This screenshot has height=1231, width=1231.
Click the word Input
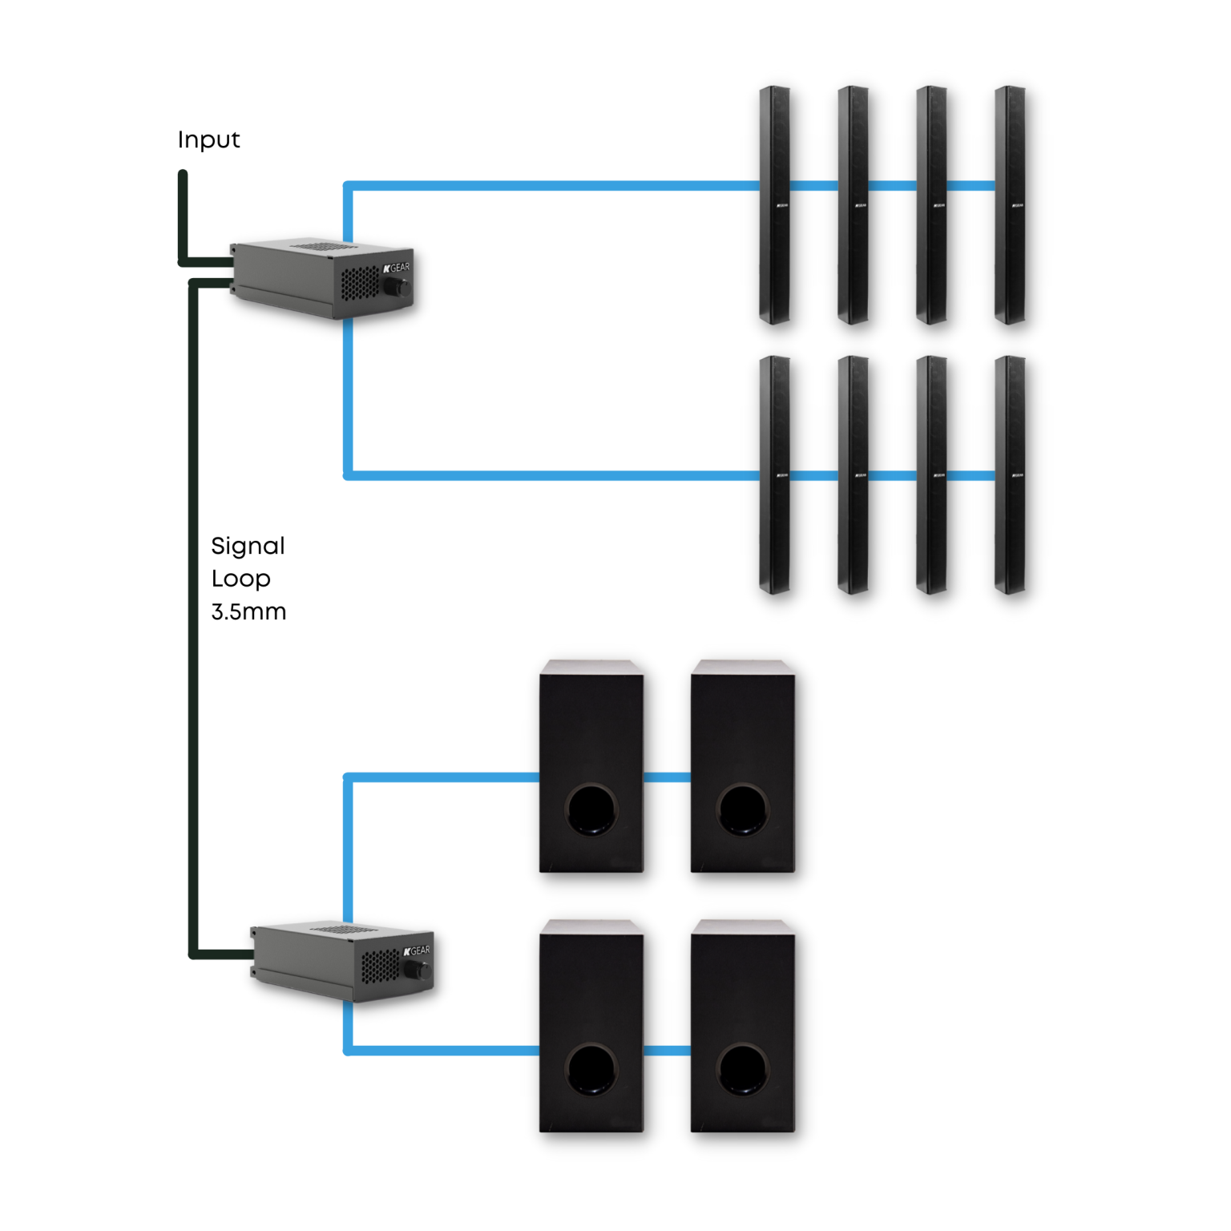click(208, 140)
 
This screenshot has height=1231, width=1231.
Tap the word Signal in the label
click(248, 547)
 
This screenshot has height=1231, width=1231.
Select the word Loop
click(240, 579)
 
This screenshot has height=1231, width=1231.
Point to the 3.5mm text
click(248, 612)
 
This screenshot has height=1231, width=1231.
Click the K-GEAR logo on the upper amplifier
click(396, 268)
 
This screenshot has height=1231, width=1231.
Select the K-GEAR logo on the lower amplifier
click(417, 950)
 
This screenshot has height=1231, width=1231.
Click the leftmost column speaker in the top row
click(774, 204)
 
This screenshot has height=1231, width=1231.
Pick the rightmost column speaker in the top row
click(1010, 204)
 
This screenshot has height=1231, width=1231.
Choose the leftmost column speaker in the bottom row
click(774, 474)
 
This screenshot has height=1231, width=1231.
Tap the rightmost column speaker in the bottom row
click(1010, 474)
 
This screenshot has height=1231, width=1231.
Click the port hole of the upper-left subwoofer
click(591, 809)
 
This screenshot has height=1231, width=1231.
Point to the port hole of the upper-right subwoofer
click(743, 809)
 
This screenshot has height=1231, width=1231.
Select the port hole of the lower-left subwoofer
click(591, 1069)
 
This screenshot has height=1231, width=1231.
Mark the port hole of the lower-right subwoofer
click(743, 1069)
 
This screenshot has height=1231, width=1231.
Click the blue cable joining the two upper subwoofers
click(667, 777)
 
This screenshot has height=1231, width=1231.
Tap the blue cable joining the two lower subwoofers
click(667, 1050)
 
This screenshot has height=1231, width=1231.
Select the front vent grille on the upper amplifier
click(360, 283)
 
